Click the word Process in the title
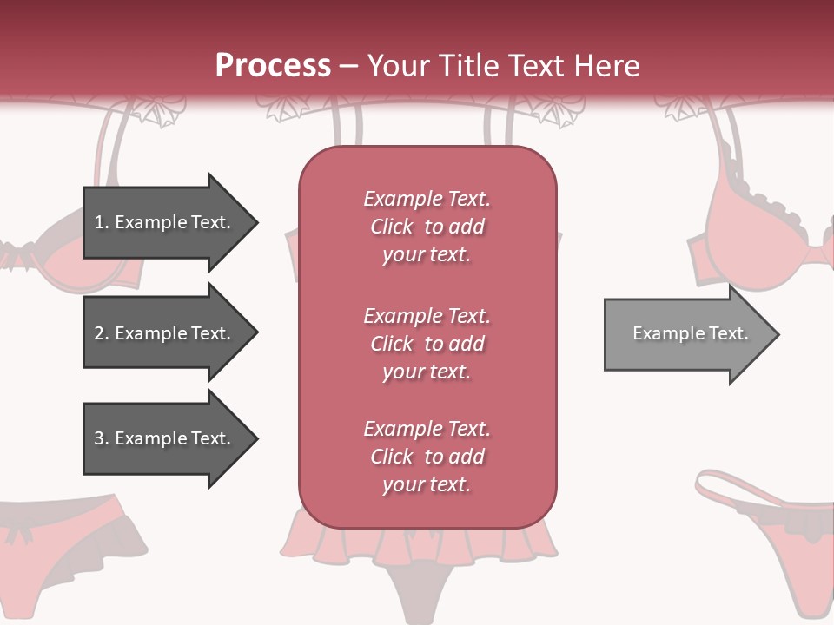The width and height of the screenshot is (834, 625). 273,66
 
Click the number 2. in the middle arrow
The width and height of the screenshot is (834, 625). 102,333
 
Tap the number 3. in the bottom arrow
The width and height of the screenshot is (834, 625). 102,438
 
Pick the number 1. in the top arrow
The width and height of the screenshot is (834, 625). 102,222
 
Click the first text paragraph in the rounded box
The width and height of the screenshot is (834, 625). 427,227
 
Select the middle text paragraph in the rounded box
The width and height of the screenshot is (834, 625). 427,344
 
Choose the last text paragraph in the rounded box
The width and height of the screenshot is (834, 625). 427,457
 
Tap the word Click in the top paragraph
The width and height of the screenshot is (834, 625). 392,227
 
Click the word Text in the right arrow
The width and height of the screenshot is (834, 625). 728,333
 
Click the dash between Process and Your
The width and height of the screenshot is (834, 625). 349,67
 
